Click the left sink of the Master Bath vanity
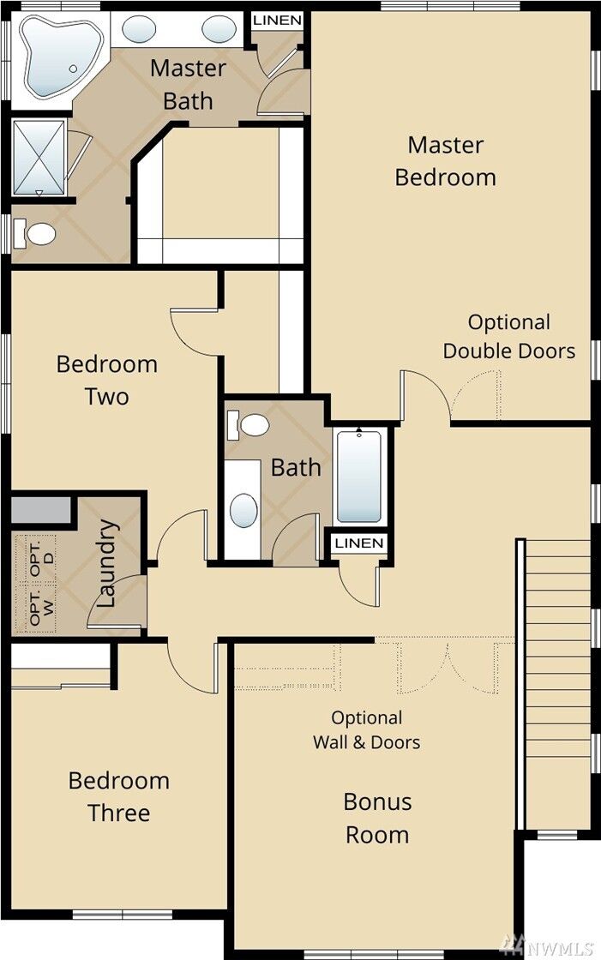point(139,30)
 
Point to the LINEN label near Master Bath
point(277,20)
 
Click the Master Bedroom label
point(445,161)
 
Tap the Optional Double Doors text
point(508,336)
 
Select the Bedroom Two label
point(106,380)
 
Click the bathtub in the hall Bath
point(358,476)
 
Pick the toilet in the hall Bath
point(250,423)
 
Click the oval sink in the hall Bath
point(243,511)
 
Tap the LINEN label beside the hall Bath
point(359,543)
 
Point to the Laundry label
point(106,563)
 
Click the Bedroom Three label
point(118,796)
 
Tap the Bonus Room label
point(377,818)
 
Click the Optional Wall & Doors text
point(366,729)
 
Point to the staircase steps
point(557,686)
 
